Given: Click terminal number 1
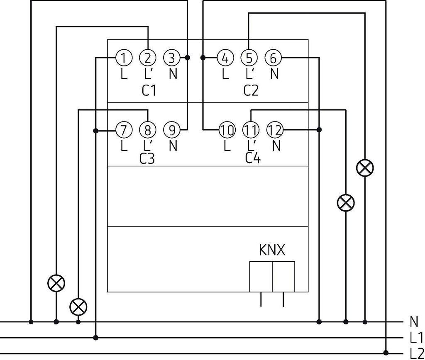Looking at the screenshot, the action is point(124,58).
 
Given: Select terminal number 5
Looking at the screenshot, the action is point(249,58).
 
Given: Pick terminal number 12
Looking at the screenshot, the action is point(275,130).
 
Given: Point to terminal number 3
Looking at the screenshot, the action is point(172,58).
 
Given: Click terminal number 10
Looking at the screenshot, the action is point(227,130).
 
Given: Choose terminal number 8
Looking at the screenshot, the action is point(148,130).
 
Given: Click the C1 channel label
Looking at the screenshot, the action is point(149,90).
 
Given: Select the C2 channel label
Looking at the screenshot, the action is point(251,90).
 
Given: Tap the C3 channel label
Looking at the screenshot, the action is point(147,158).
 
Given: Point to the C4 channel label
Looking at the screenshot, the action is point(253,158).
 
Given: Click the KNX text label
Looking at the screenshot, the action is point(272,250).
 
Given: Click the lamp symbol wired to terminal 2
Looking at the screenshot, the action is point(56,283).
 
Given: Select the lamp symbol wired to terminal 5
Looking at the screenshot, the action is point(365,168).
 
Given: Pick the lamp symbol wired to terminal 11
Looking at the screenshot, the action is point(346,203).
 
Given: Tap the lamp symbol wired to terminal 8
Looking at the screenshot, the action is point(78,307).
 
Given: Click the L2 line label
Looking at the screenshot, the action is point(417,353).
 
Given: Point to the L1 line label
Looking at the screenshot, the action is point(416,338).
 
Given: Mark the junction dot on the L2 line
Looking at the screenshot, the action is point(386,353).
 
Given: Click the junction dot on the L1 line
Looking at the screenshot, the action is point(95,338).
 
